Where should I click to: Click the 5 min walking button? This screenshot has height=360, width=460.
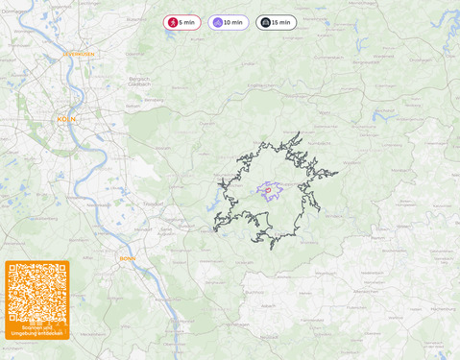click(182, 22)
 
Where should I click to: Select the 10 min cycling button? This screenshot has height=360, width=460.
click(229, 22)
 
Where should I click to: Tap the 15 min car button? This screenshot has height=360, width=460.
click(276, 22)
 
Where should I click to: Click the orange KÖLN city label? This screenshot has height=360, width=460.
click(66, 119)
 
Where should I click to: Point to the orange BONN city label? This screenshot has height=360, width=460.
click(128, 258)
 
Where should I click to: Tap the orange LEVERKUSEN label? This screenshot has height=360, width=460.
click(78, 55)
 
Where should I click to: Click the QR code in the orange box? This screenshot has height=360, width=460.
click(36, 294)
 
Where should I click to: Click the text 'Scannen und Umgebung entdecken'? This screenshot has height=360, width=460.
click(36, 330)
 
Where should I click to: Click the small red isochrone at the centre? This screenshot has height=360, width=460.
click(267, 190)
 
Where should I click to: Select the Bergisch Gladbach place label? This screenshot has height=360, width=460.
click(141, 82)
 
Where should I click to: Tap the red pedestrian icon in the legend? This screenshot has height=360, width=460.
click(173, 22)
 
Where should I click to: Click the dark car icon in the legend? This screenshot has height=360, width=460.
click(264, 22)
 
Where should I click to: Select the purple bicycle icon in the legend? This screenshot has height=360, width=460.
click(217, 22)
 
